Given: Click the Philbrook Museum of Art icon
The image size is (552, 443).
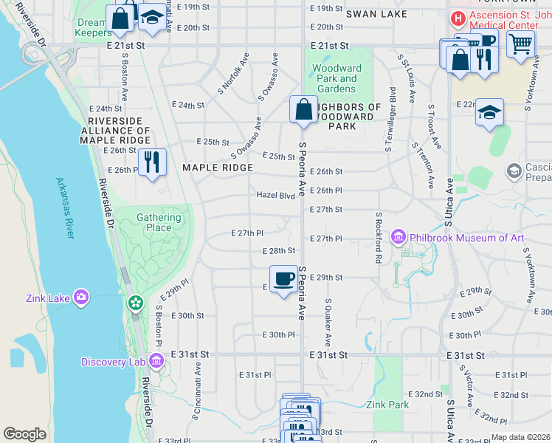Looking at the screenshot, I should click(x=399, y=237).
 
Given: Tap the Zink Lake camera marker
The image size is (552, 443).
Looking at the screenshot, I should click(x=81, y=298).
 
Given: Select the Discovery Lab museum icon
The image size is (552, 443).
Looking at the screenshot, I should click(x=156, y=361).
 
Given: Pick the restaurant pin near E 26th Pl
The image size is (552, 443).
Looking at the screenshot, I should click(x=153, y=162).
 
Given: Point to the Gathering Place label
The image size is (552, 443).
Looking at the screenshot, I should click(x=159, y=222).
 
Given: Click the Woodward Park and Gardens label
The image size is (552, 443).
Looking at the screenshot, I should click(x=337, y=78).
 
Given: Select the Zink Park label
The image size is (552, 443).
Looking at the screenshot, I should click(x=387, y=405).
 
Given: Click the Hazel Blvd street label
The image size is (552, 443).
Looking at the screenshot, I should click(x=275, y=196).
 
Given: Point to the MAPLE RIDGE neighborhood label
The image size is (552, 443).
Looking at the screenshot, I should click(x=218, y=168).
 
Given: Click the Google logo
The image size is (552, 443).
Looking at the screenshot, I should click(x=25, y=434).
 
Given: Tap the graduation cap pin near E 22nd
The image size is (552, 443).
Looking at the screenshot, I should click(x=489, y=113).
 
